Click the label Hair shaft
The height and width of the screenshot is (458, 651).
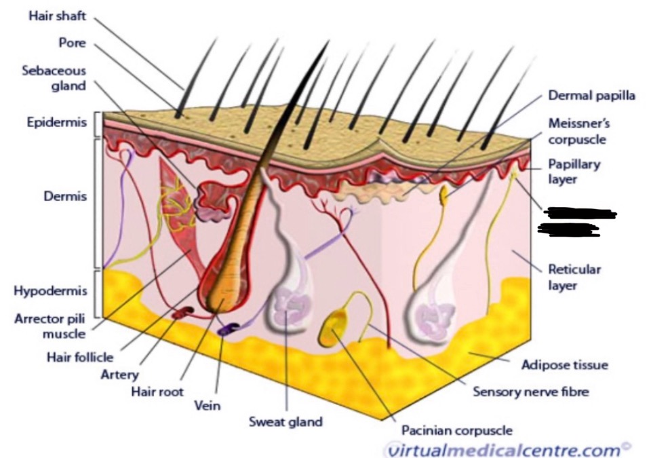[57, 16]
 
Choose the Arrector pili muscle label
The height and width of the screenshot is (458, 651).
[51, 326]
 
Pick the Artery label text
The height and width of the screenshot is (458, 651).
[119, 374]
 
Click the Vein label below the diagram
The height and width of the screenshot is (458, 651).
[208, 406]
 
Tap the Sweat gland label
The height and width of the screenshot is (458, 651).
[285, 422]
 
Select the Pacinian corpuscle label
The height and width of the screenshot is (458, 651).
[456, 430]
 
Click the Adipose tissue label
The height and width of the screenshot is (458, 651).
[564, 365]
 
